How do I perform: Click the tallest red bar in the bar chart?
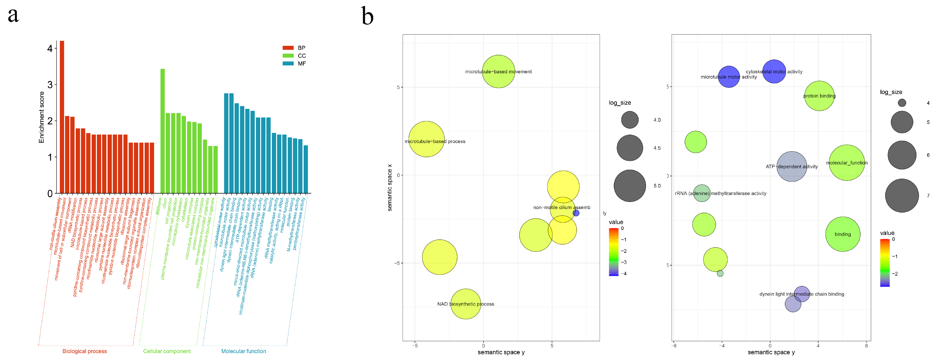coord(62,116)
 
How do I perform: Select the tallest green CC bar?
coord(163,130)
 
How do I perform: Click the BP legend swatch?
coord(288,48)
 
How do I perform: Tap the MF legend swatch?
coord(288,63)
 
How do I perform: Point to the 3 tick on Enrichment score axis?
coord(50,85)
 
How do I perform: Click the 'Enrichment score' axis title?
coord(42,117)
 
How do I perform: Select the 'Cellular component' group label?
coord(167,351)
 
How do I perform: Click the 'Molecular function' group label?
coord(243,351)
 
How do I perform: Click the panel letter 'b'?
coord(367,17)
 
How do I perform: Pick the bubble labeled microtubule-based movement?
coord(498,71)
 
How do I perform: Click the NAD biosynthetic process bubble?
coord(465,304)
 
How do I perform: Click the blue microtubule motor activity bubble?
coord(729,77)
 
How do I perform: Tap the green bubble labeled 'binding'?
coord(843,234)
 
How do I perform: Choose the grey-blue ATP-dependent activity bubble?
coord(792,167)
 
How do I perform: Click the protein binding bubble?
coord(819,96)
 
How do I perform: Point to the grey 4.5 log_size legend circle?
coord(630,148)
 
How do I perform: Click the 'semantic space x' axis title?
coord(390,187)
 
